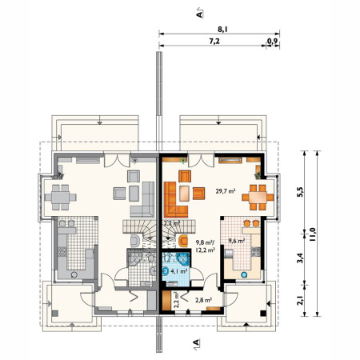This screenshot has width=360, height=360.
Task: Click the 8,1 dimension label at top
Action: (222, 30)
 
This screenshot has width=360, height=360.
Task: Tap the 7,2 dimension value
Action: (214, 42)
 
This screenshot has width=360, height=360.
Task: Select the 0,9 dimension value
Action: (272, 42)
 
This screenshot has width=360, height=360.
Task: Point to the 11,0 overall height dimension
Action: (313, 234)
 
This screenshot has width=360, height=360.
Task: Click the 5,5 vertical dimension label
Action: (300, 192)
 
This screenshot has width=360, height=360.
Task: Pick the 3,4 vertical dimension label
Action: (300, 258)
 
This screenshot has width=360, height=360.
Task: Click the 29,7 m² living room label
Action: (226, 190)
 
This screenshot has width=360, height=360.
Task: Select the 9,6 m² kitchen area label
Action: (237, 241)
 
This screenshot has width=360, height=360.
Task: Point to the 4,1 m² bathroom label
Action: (178, 271)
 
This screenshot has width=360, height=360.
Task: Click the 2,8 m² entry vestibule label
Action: (203, 300)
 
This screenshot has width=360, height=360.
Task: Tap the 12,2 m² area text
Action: (206, 250)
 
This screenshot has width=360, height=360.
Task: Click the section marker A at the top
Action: (199, 14)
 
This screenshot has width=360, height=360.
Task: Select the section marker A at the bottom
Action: (196, 342)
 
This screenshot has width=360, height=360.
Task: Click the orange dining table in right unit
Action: (258, 198)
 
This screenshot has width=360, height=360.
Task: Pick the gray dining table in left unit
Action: (61, 198)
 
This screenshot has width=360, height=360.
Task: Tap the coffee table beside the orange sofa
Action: (184, 194)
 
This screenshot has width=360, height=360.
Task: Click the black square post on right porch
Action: (263, 314)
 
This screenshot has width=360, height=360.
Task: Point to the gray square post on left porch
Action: (55, 314)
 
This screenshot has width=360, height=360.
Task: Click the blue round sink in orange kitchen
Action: (244, 274)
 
